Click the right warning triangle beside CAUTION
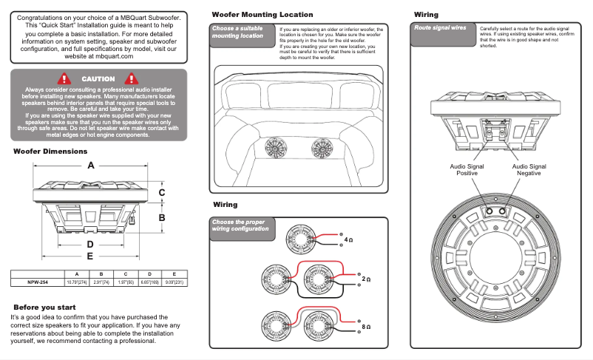[132, 78]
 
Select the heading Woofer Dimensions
[50, 152]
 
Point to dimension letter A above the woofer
[91, 165]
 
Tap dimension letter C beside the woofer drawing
[162, 192]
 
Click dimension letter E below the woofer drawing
[90, 256]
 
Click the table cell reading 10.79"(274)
[78, 282]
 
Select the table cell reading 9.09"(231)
[174, 282]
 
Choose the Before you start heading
[44, 306]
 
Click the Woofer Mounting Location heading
[262, 15]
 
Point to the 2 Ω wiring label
[365, 279]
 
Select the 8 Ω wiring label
[365, 326]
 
